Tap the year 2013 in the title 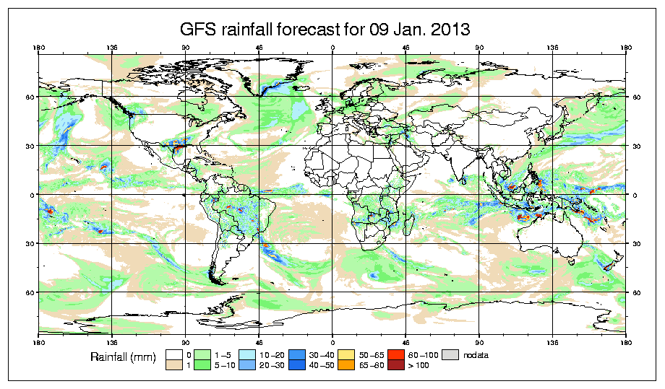[x=451, y=30]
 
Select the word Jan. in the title [x=408, y=30]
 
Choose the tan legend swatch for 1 [x=173, y=365]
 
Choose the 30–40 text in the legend [x=338, y=355]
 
